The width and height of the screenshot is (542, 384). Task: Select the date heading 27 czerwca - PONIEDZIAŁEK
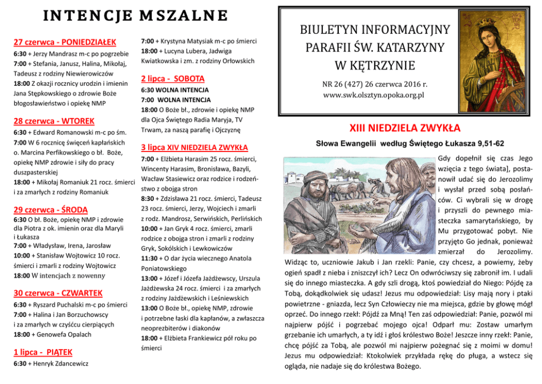pos(64,42)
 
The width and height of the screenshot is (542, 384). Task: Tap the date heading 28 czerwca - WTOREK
pos(54,120)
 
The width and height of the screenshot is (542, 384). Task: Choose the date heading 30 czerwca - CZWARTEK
pos(58,292)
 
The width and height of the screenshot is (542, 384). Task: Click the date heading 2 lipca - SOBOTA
pos(173,78)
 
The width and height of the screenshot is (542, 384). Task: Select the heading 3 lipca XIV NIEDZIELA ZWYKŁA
pos(194,148)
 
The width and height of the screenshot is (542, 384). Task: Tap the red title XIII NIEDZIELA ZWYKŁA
pos(405,129)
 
